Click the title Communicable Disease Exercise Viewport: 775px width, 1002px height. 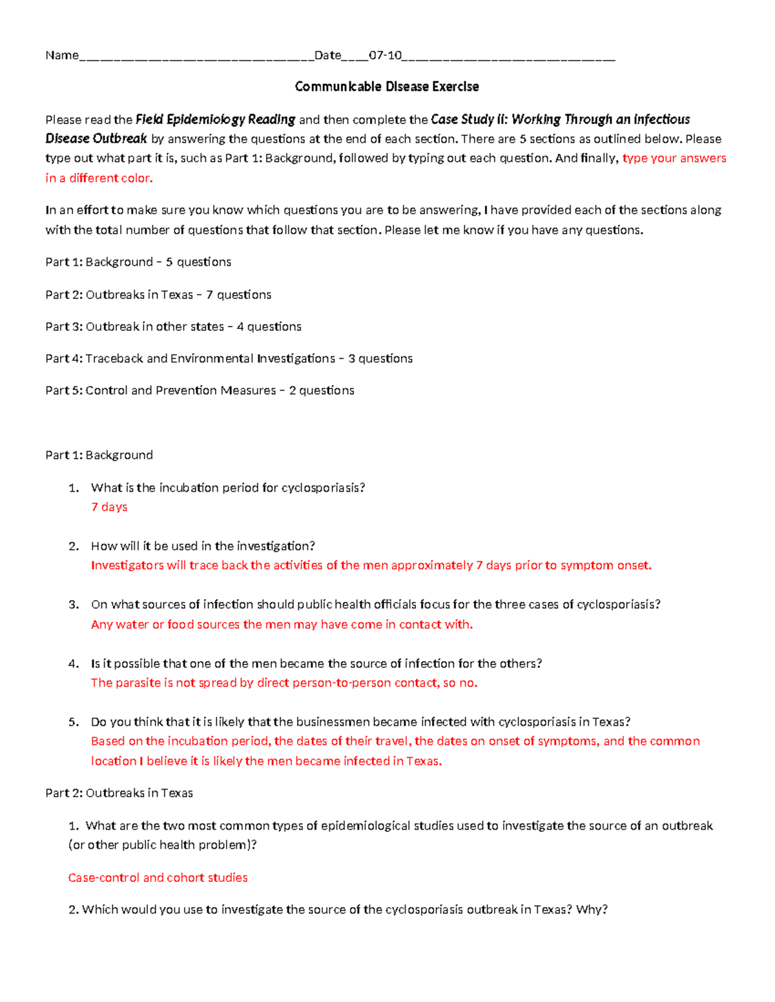coord(387,86)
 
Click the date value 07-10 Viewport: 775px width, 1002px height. coord(385,55)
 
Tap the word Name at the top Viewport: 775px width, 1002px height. coord(61,55)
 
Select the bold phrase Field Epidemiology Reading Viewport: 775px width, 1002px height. coord(215,119)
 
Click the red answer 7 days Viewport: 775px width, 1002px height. coord(109,507)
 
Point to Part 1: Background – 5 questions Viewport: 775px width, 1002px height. coord(138,262)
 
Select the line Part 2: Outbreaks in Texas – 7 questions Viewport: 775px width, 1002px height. coord(158,295)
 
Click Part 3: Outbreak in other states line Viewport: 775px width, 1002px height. coord(173,326)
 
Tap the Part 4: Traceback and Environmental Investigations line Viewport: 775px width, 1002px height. coord(229,359)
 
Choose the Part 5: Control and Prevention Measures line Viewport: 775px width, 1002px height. coord(200,390)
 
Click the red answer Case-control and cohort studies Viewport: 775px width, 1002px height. coord(158,877)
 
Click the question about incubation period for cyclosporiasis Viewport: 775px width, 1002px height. coord(228,488)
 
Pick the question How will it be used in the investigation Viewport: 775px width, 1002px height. coord(203,546)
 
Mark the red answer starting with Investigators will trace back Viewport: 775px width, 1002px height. coord(371,566)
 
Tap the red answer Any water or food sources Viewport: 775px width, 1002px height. coord(282,625)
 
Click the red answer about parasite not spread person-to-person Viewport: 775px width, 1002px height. coord(284,683)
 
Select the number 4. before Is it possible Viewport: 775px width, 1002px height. coord(74,663)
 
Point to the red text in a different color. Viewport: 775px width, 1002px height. coord(99,178)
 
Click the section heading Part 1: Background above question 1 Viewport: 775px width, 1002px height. coord(99,455)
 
